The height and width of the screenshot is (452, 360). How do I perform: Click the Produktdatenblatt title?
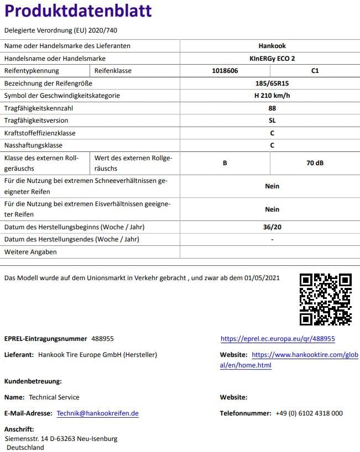(78, 11)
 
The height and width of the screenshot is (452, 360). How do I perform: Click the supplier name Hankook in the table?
(272, 46)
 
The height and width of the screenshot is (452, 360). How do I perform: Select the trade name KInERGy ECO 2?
(272, 59)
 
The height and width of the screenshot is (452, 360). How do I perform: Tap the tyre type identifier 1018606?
(225, 71)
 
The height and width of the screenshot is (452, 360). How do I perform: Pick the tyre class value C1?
(315, 71)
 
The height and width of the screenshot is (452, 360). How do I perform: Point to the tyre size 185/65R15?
(272, 83)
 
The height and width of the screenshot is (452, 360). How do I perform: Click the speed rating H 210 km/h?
(272, 96)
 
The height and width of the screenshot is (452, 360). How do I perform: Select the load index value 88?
(272, 108)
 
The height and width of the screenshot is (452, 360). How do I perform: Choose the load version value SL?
(272, 120)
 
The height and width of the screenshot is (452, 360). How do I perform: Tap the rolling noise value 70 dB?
(315, 164)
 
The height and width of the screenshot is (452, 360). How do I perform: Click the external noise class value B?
(225, 164)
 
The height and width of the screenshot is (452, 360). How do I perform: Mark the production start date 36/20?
(272, 227)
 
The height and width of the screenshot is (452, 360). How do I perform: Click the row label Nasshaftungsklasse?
(34, 145)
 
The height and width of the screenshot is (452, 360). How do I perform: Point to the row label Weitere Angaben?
(30, 252)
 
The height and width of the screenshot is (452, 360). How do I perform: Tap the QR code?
(326, 299)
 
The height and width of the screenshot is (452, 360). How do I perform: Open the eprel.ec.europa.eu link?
(278, 339)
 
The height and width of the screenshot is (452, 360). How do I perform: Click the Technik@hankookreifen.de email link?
(98, 413)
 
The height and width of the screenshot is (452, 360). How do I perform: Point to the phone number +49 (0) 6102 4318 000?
(309, 413)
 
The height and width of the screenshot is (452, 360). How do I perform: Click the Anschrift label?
(19, 429)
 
